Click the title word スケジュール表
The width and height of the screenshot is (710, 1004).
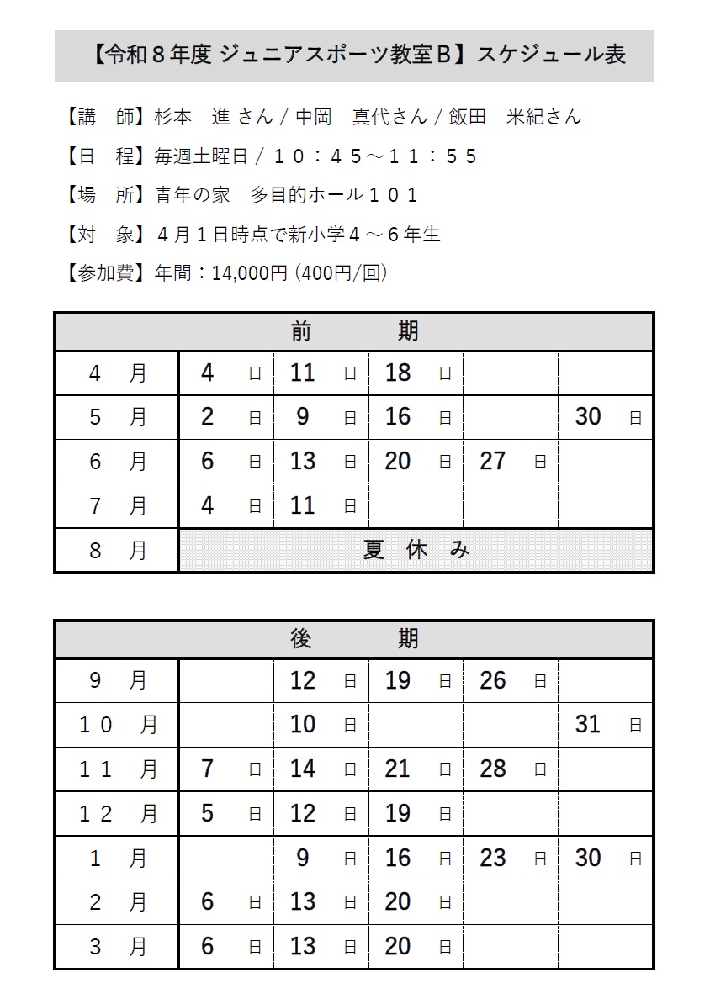(551, 55)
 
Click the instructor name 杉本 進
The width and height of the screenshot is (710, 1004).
(193, 117)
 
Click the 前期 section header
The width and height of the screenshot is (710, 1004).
(354, 331)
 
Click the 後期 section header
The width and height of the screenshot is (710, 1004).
(354, 639)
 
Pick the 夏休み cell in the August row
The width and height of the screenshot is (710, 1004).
(416, 550)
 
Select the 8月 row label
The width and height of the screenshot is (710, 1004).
(117, 550)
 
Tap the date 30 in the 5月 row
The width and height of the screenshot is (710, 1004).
(588, 416)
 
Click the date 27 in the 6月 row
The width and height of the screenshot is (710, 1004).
(493, 461)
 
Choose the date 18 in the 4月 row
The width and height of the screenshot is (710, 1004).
(398, 373)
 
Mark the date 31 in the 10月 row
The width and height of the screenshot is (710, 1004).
(588, 724)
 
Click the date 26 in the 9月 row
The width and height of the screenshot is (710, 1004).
(493, 680)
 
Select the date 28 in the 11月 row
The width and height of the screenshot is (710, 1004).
(493, 769)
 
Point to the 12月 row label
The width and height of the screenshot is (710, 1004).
(117, 813)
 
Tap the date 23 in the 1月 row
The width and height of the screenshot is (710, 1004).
(493, 858)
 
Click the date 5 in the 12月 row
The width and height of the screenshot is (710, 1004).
(208, 813)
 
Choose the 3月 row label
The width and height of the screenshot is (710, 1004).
(117, 946)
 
